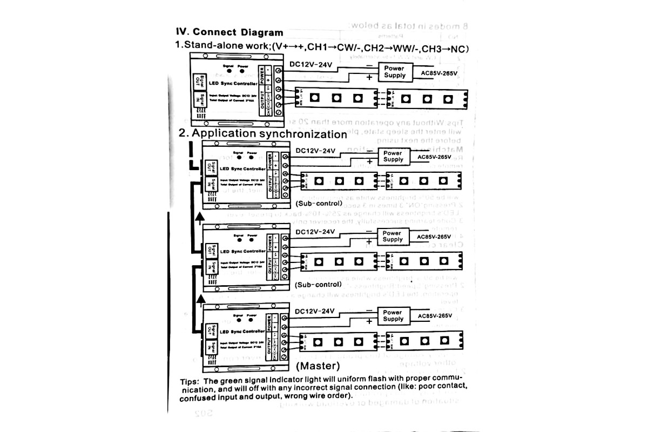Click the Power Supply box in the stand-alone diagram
394,72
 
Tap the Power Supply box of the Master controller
393,316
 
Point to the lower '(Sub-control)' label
319,284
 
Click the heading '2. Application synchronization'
263,133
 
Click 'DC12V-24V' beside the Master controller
315,312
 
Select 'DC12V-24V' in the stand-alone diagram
310,64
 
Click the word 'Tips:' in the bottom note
190,381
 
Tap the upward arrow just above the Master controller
200,298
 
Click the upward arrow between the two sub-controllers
200,217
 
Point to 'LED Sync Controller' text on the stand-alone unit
233,84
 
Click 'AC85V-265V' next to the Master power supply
434,315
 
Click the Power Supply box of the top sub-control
393,156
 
